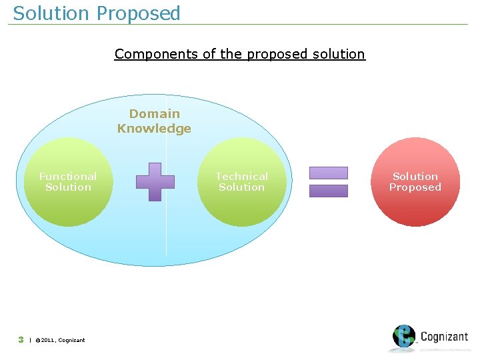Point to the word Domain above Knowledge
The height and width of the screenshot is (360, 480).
[x=154, y=114]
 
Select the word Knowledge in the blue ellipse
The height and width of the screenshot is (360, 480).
[x=154, y=129]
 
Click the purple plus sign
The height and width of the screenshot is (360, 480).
[x=155, y=181]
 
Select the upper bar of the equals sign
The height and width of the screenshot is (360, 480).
[x=329, y=173]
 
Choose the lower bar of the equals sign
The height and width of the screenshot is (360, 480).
[x=329, y=191]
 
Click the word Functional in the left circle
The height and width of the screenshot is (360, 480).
[x=68, y=177]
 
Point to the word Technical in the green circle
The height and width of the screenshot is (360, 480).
[x=242, y=177]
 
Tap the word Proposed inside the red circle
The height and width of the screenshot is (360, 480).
[x=415, y=187]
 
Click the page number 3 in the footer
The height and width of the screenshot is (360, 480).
[x=21, y=339]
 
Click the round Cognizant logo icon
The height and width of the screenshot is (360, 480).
[x=404, y=337]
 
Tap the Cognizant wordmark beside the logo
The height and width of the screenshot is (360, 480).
[x=444, y=337]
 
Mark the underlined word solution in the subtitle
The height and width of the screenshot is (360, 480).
[x=339, y=54]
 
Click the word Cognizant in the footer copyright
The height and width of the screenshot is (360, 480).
[x=71, y=340]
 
